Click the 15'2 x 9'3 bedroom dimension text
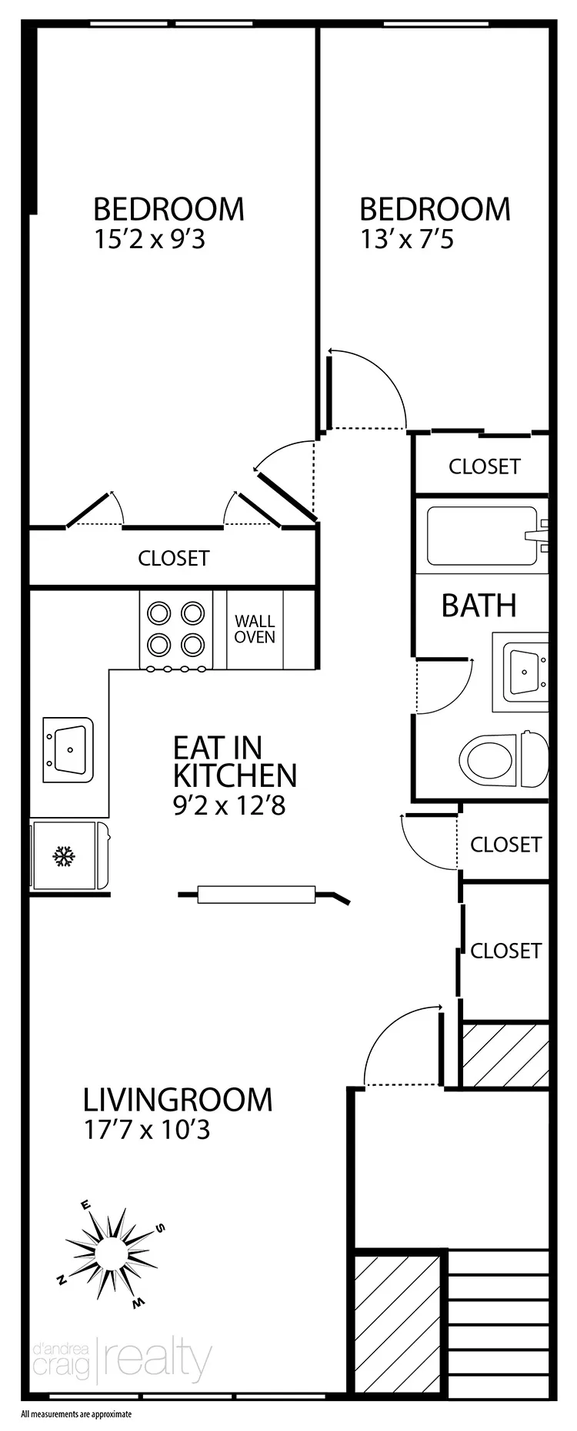pos(149,240)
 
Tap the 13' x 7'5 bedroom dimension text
pos(407,240)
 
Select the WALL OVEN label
pos(255,629)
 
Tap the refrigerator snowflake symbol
pos(63,856)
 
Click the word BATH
pos(479,606)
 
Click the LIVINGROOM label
pos(178,1100)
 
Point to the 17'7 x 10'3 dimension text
pos(146,1130)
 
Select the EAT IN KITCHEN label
pos(234,761)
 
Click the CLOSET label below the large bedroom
pos(174,558)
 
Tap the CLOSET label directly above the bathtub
pos(484,466)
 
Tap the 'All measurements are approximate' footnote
pos(77,1413)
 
